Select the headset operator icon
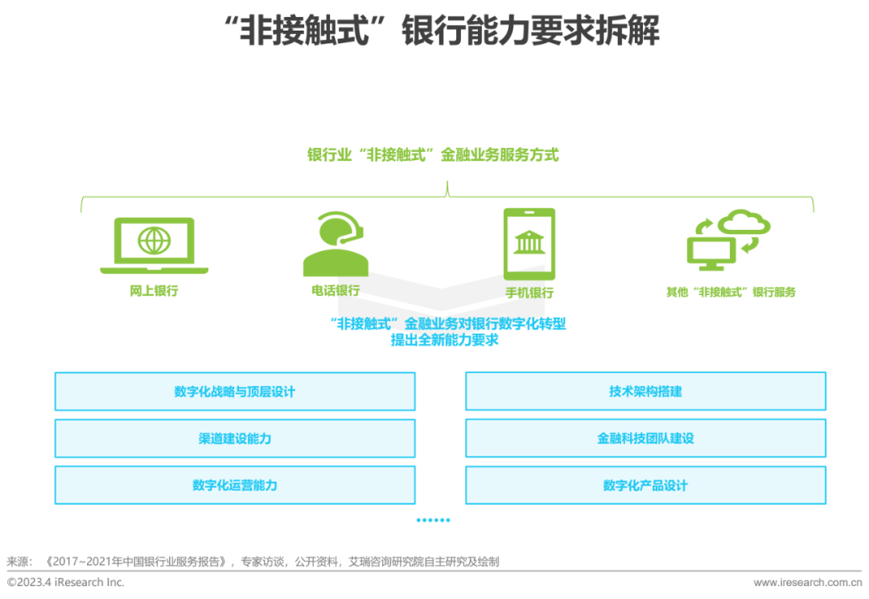pos(336,244)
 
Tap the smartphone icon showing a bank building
pos(529,244)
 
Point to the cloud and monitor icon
pos(729,239)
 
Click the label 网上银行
pos(154,291)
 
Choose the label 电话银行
pos(336,290)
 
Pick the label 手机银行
pos(529,293)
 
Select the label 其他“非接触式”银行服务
pos(730,292)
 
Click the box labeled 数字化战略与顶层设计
pos(235,392)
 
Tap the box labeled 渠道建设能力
pos(235,438)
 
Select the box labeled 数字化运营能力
pos(235,485)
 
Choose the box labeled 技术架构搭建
pos(645,392)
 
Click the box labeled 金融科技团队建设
pos(645,438)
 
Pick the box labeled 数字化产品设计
pos(645,485)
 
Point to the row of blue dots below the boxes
pos(433,520)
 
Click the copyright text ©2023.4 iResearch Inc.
pos(66,582)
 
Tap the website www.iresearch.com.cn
pos(806,582)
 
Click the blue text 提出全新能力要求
pos(445,340)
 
